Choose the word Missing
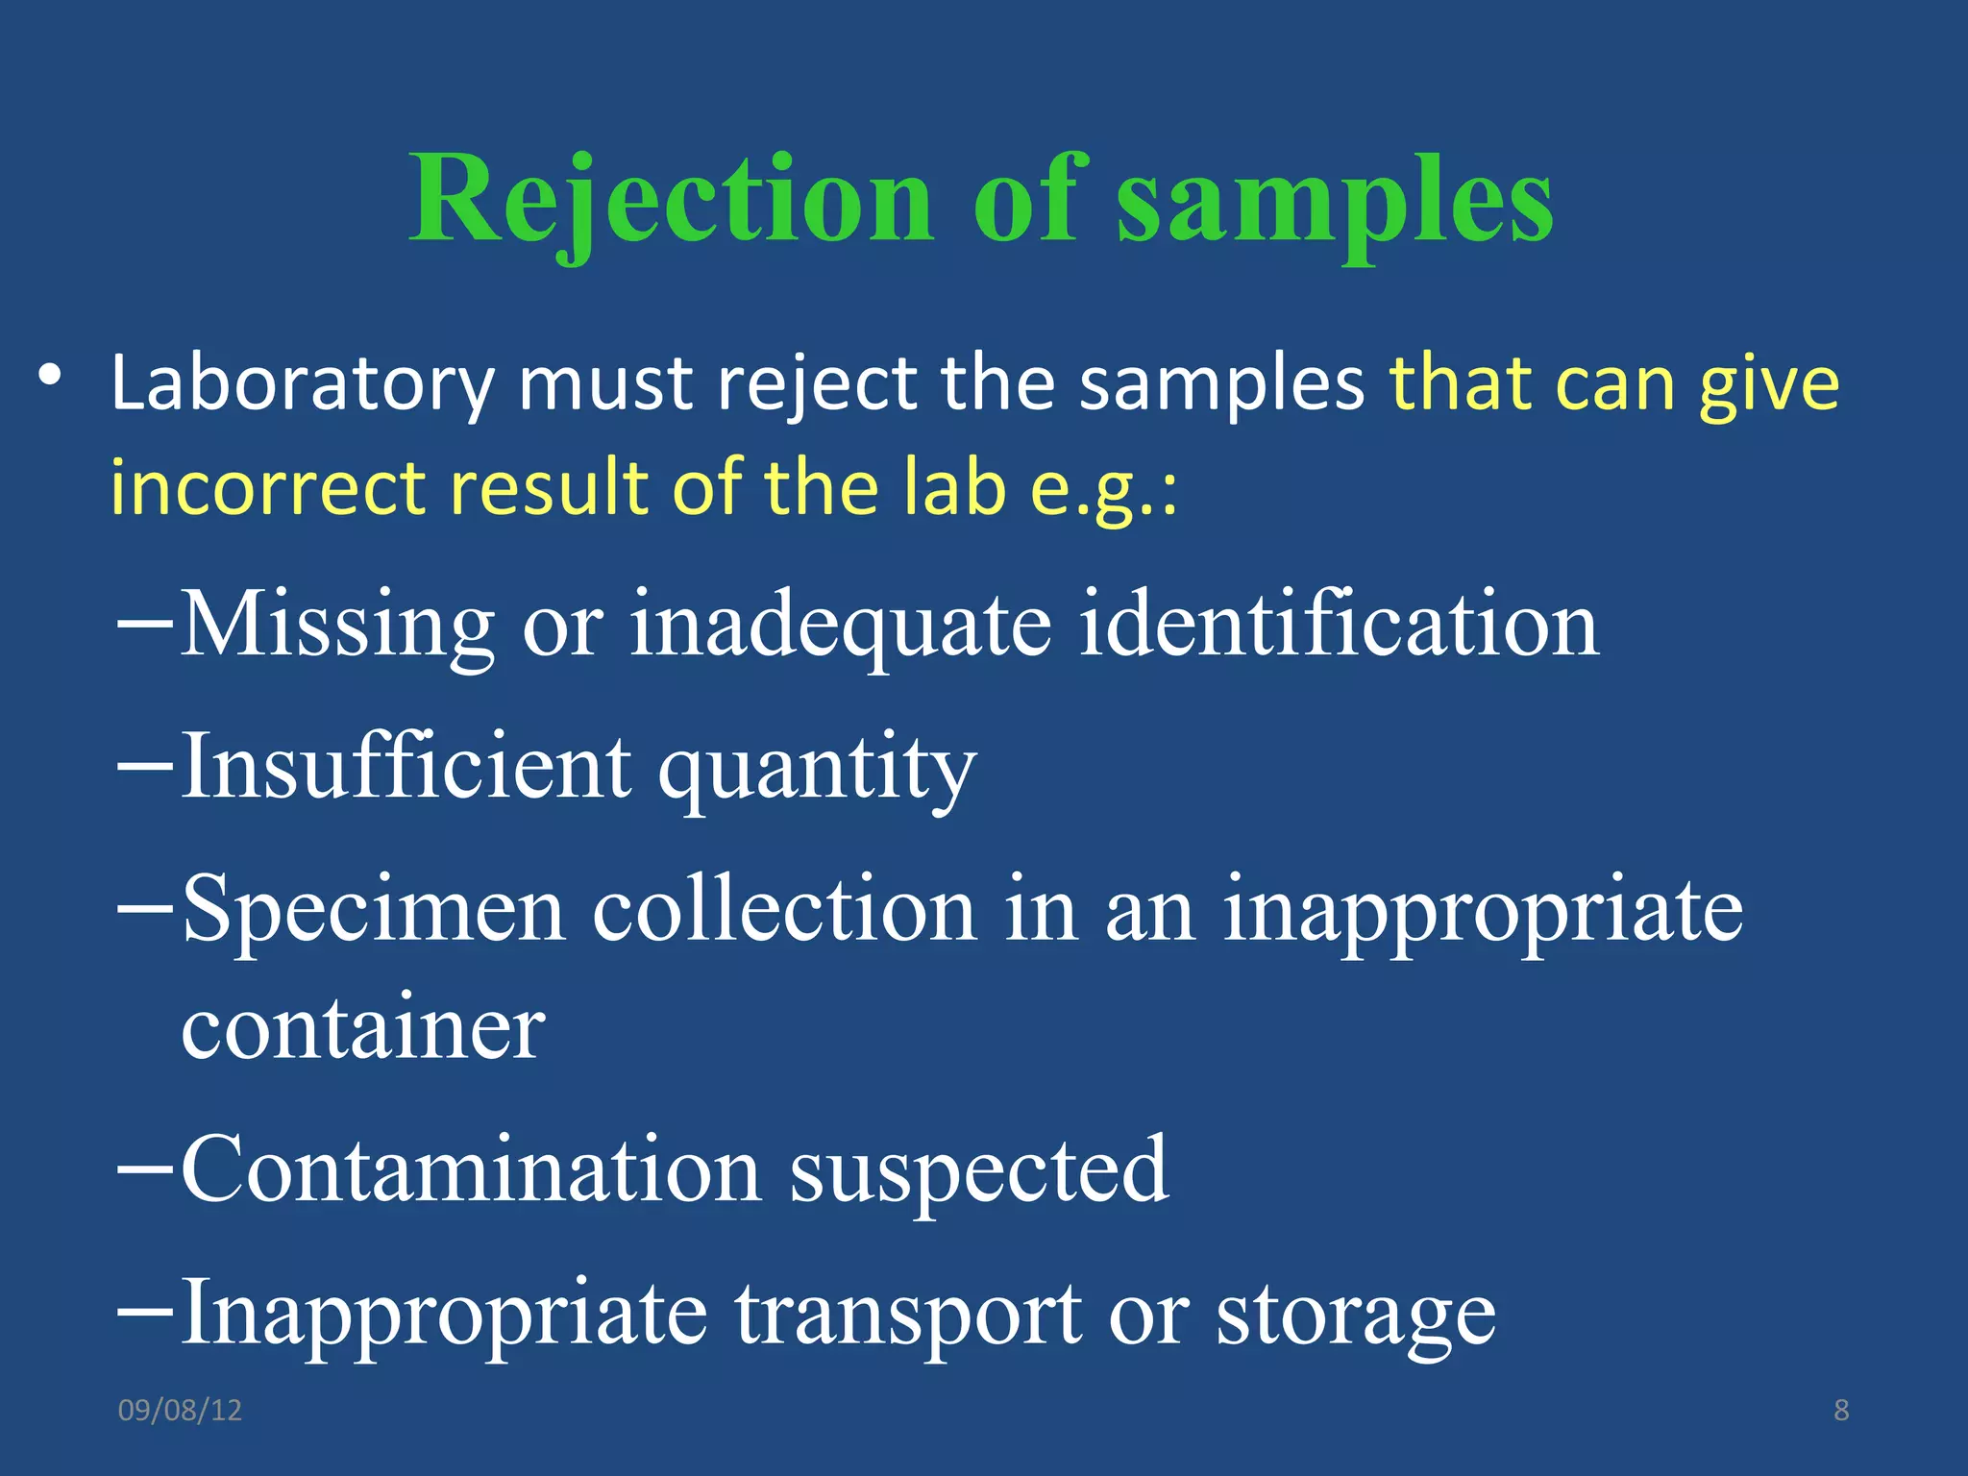pyautogui.click(x=337, y=626)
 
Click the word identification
pyautogui.click(x=1339, y=626)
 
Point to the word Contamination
pyautogui.click(x=471, y=1169)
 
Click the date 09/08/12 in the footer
pyautogui.click(x=180, y=1410)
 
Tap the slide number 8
pyautogui.click(x=1841, y=1410)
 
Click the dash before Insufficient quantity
pyautogui.click(x=144, y=767)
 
